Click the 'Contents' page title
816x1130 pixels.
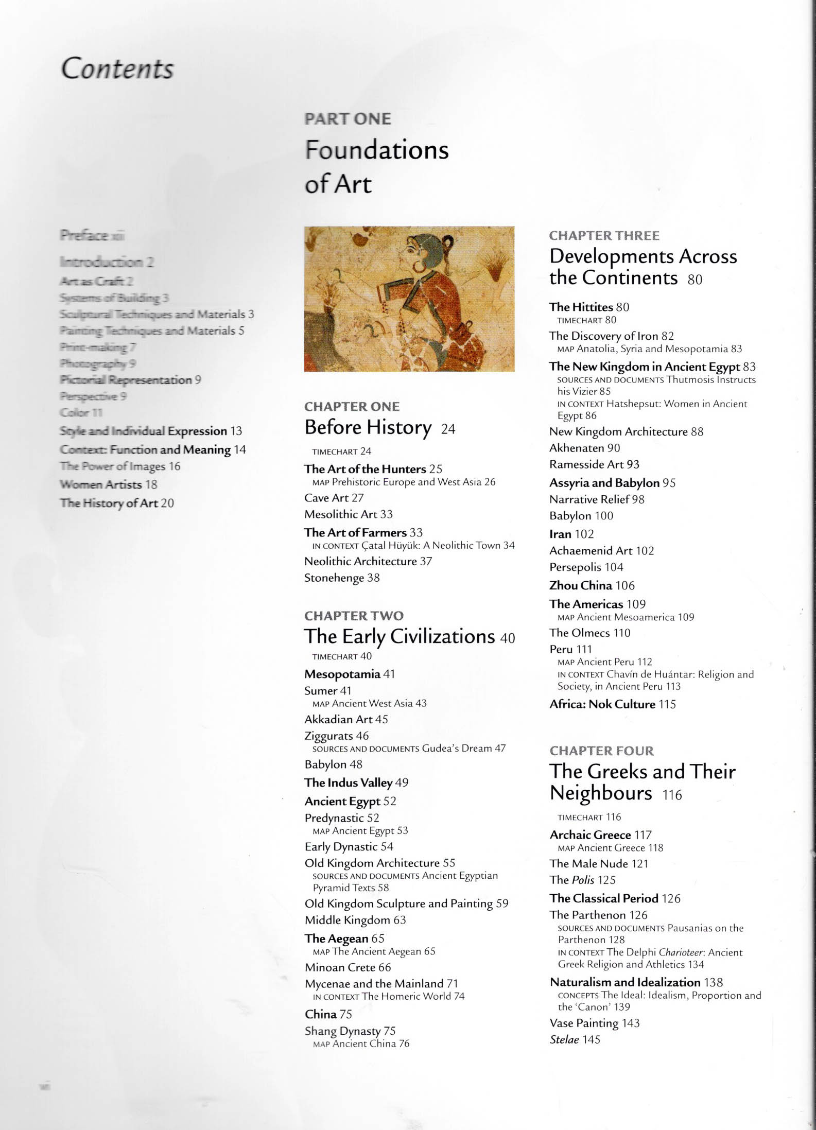[x=117, y=69]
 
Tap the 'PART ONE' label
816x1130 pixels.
[x=348, y=119]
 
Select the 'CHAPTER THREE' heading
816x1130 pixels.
[x=604, y=236]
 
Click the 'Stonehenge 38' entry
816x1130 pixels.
[x=342, y=578]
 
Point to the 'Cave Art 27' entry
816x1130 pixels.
[x=334, y=498]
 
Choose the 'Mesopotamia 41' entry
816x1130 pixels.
[x=349, y=674]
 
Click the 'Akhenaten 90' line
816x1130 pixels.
[x=584, y=448]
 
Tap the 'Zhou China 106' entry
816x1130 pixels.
[x=592, y=585]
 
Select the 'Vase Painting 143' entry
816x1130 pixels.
[x=594, y=1023]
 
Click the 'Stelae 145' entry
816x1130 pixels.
[x=575, y=1039]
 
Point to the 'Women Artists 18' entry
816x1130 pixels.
[x=108, y=484]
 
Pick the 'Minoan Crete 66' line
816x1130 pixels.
[x=348, y=967]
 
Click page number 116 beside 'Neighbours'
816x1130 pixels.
[x=672, y=795]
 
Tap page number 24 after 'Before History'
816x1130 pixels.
[x=448, y=429]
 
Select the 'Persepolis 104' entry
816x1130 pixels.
[x=586, y=567]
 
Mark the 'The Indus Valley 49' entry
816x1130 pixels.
[x=356, y=783]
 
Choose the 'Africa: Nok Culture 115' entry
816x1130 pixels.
[x=612, y=704]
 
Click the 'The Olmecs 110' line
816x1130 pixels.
[x=589, y=633]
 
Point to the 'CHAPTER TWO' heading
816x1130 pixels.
[x=354, y=616]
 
